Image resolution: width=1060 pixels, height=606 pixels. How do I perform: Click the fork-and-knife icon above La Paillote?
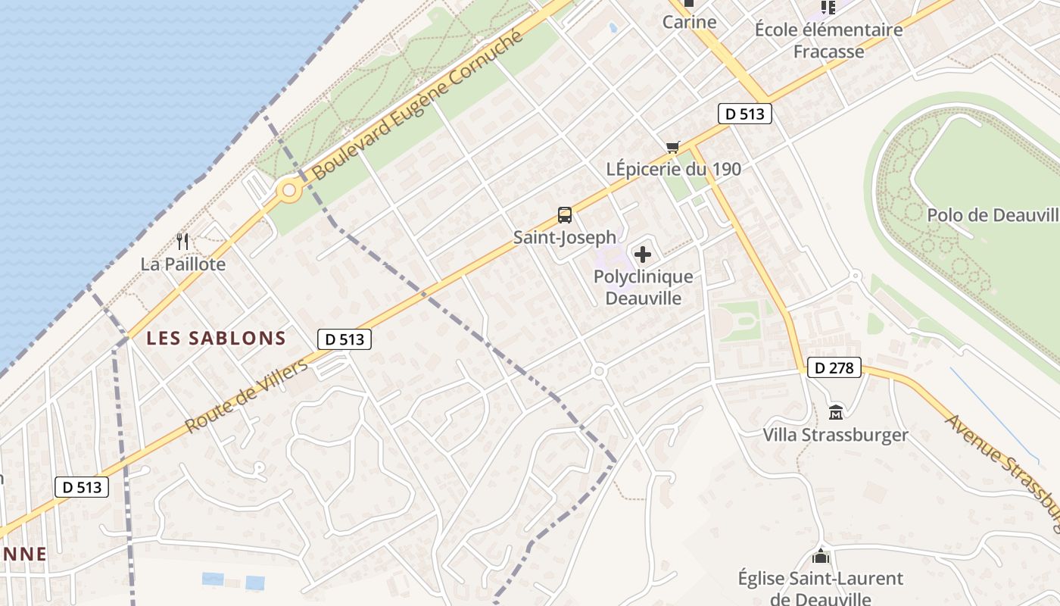182,242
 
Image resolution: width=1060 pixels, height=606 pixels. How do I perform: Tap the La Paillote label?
183,264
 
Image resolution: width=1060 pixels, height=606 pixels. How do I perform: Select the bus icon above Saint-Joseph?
565,215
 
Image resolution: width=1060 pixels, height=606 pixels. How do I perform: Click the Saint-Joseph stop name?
565,238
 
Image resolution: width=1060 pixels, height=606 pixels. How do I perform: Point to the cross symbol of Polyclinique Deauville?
643,255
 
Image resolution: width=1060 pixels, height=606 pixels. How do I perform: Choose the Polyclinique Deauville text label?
643,288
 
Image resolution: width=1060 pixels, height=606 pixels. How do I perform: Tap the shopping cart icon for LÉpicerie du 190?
672,147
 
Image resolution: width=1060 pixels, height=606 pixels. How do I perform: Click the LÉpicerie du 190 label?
674,169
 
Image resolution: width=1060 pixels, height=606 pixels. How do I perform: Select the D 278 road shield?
834,368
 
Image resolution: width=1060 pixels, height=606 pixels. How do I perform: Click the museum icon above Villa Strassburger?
836,413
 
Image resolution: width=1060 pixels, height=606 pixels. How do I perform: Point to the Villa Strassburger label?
835,435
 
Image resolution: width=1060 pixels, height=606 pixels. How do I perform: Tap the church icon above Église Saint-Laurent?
820,557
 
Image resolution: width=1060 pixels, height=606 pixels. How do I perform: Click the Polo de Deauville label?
993,214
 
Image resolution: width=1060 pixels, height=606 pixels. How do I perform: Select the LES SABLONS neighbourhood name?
216,339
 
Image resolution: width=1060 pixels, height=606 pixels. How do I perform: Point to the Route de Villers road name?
248,396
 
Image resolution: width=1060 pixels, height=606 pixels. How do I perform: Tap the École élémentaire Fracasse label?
828,41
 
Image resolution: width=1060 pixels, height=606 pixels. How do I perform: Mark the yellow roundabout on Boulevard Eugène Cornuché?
288,191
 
